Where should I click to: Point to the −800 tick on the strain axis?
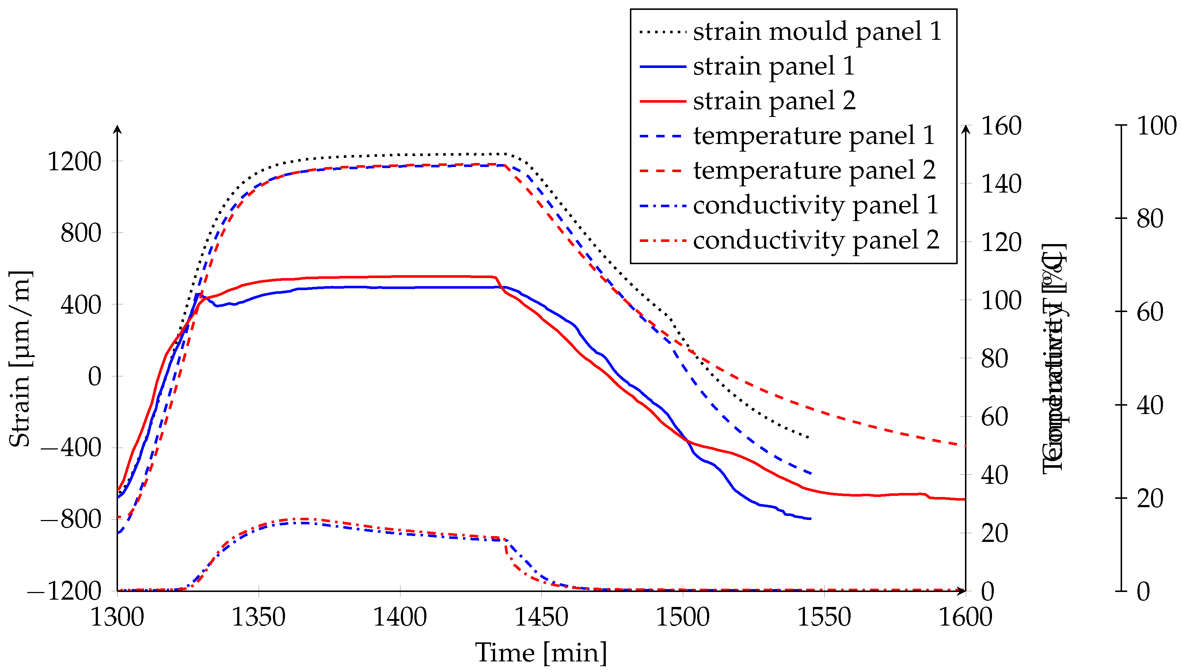coord(70,519)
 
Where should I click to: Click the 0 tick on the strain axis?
coord(95,376)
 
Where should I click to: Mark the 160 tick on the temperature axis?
coord(1001,126)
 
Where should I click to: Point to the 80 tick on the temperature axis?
coord(995,358)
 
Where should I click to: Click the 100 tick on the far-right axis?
coord(1156,126)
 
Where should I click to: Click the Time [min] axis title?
coord(541,653)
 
